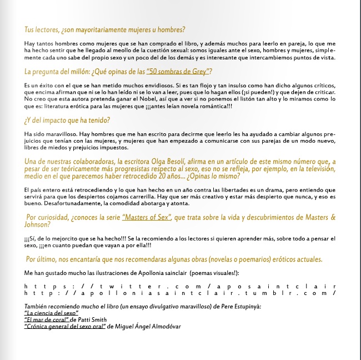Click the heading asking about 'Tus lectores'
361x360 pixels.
coord(104,29)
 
